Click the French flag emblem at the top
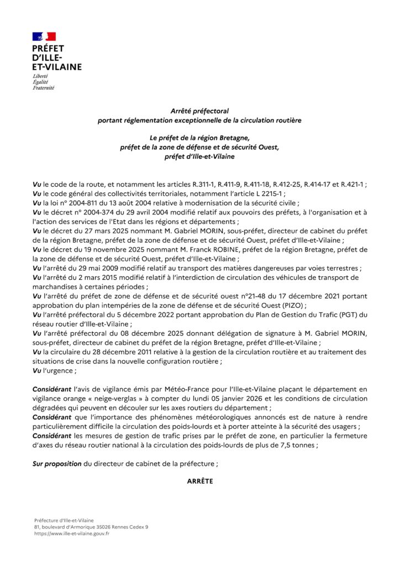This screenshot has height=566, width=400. [x=44, y=37]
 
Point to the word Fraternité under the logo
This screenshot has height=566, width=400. [x=43, y=87]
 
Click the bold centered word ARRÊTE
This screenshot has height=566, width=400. [x=200, y=481]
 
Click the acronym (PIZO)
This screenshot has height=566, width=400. [x=292, y=306]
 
